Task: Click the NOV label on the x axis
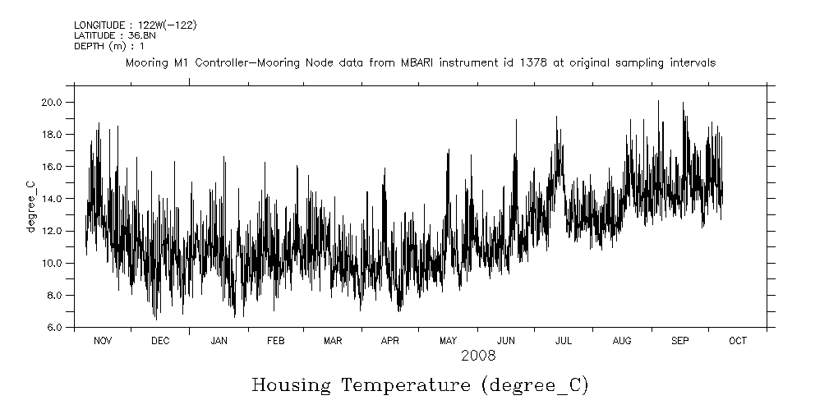[x=103, y=341]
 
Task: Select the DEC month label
[x=160, y=341]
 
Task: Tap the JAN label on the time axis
[x=219, y=341]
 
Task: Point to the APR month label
[x=389, y=341]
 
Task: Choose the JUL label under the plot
[x=564, y=341]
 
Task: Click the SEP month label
[x=680, y=341]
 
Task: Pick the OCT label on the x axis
[x=738, y=341]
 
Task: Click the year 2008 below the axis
[x=477, y=356]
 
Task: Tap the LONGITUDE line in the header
[x=123, y=26]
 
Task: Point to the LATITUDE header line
[x=109, y=36]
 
